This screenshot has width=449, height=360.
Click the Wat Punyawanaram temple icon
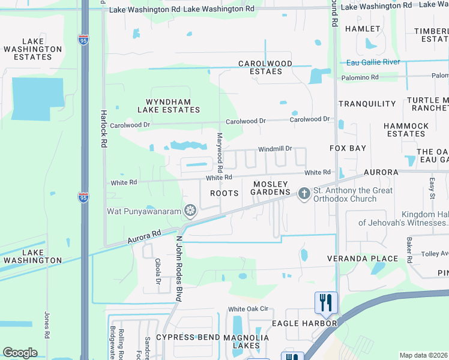190,211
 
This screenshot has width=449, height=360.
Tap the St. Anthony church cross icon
304,193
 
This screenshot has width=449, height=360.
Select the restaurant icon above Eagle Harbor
326,301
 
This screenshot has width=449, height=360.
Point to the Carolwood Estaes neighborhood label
265,67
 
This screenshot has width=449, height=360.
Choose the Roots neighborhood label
224,193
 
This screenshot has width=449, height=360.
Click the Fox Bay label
348,148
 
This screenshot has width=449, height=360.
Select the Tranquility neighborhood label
367,104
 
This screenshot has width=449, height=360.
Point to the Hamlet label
363,29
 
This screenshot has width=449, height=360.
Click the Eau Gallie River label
373,62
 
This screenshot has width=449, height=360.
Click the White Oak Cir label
247,309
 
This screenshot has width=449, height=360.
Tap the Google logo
20,353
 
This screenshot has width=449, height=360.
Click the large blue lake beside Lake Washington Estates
37,98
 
